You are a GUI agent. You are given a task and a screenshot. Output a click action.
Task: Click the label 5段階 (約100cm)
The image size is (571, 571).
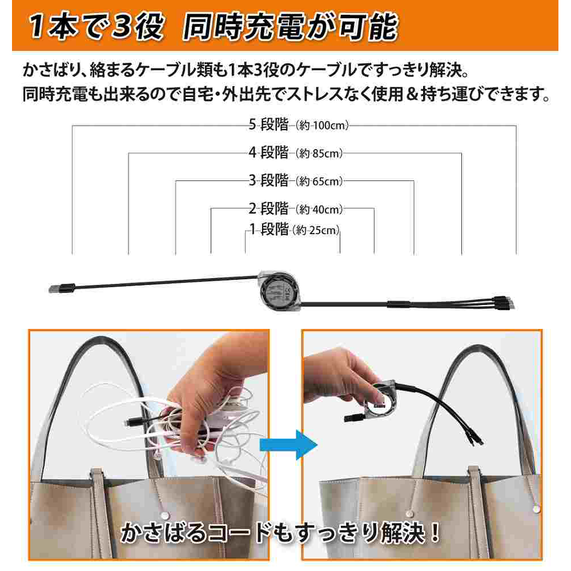tap(299, 125)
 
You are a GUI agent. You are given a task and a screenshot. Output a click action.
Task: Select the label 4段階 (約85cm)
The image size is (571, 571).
tap(296, 152)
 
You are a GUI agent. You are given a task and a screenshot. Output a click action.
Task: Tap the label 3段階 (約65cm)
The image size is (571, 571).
tap(296, 180)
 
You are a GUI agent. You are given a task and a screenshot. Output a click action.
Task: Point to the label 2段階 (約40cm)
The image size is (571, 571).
tap(296, 208)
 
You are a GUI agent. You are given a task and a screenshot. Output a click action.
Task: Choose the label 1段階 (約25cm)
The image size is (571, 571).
tap(294, 230)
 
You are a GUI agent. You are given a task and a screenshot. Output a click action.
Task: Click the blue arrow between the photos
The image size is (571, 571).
tap(288, 445)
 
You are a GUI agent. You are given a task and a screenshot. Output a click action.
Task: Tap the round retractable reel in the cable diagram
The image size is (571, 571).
tap(280, 291)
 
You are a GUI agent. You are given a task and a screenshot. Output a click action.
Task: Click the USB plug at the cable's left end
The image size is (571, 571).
tap(62, 288)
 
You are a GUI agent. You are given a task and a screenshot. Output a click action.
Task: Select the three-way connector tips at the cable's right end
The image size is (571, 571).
tap(505, 303)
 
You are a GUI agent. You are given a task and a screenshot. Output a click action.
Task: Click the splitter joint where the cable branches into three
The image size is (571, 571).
tap(400, 304)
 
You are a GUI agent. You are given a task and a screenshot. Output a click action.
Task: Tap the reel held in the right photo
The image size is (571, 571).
tap(380, 400)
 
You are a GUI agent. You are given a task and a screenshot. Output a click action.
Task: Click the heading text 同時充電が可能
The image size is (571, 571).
tap(290, 27)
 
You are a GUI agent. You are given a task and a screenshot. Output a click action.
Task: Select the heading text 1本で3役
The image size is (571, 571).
tap(96, 27)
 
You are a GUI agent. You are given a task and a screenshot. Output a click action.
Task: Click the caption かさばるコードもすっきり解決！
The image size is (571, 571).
tap(280, 532)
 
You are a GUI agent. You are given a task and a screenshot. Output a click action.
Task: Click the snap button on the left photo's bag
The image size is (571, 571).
tap(164, 515)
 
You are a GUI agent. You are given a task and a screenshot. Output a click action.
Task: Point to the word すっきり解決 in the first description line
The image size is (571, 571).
tap(421, 70)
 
